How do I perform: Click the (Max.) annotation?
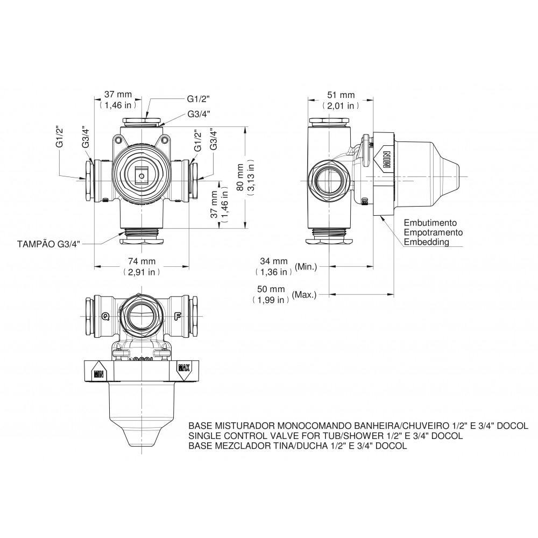pyautogui.click(x=304, y=294)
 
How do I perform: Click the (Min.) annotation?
pyautogui.click(x=306, y=266)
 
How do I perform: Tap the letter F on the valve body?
pyautogui.click(x=176, y=315)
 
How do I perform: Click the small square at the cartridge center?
pyautogui.click(x=141, y=175)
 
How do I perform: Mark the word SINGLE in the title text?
pyautogui.click(x=203, y=436)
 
